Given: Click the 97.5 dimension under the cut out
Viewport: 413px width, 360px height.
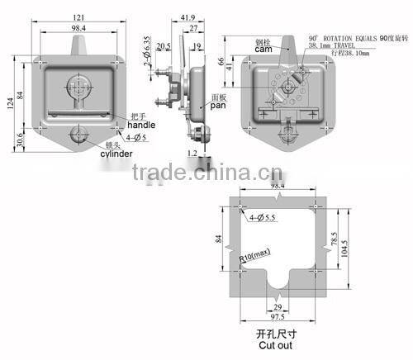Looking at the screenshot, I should coord(277,316).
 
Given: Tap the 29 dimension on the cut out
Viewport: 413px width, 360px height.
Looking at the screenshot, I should coord(277,305).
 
